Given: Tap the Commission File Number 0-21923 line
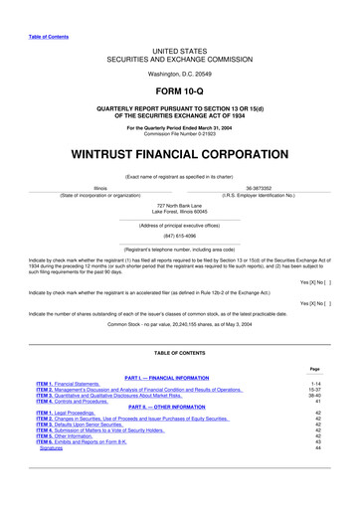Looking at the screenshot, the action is pyautogui.click(x=179, y=132).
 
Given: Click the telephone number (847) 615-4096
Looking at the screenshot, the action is pyautogui.click(x=179, y=235).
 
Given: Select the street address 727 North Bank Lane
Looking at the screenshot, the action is pyautogui.click(x=179, y=205).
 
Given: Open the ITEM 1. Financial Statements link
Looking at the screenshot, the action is pyautogui.click(x=74, y=383).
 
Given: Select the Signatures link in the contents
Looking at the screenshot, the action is pyautogui.click(x=50, y=448).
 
